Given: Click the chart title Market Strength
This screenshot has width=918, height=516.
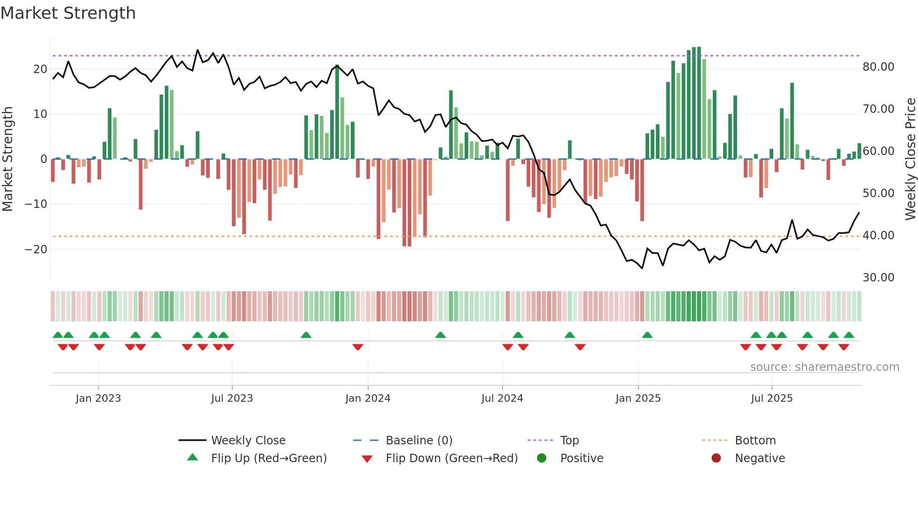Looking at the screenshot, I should [x=68, y=13].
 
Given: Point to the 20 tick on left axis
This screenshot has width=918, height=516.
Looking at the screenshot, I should [x=40, y=69].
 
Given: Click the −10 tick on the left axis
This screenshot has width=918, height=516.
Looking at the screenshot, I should [x=36, y=204].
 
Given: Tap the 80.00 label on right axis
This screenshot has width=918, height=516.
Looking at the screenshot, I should [x=878, y=67].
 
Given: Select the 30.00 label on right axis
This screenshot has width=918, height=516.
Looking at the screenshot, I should [x=878, y=278].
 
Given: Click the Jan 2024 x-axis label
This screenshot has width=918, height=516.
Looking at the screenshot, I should [x=368, y=398].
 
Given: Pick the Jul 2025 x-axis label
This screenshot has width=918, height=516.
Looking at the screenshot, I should [x=771, y=398].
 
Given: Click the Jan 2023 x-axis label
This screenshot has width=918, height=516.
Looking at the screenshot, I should [x=98, y=398].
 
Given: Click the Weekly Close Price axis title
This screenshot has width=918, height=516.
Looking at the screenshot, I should [x=910, y=159].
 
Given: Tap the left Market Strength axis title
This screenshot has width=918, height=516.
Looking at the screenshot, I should [x=7, y=159].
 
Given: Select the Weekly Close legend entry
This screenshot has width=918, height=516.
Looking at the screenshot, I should [x=248, y=441].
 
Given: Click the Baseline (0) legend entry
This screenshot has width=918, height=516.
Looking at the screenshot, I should [x=419, y=441].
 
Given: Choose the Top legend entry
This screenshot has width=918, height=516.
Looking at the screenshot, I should [x=570, y=441].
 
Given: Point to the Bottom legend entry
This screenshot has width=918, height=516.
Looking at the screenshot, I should [x=755, y=441].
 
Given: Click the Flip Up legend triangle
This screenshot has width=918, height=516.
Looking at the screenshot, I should [x=192, y=457].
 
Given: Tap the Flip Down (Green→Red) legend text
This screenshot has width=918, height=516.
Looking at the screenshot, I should [x=452, y=458].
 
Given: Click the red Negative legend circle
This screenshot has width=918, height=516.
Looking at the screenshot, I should [x=716, y=458].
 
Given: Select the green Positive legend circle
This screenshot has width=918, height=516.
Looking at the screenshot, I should [x=541, y=458].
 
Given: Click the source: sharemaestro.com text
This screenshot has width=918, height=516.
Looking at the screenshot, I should [x=824, y=367].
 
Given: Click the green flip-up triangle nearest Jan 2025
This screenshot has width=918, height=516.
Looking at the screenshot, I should [x=647, y=335].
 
